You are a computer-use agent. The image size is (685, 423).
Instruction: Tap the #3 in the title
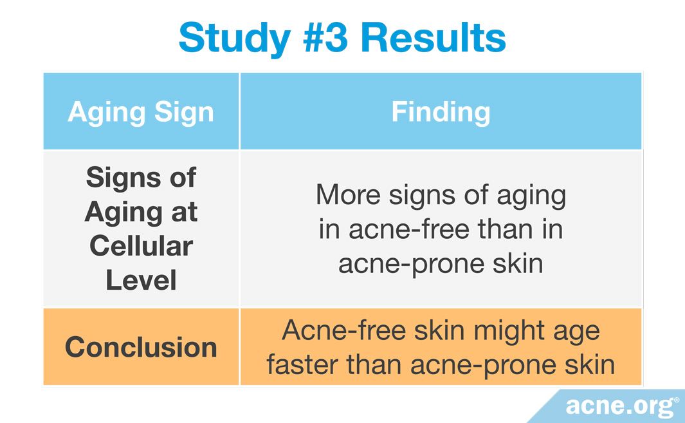click(325, 37)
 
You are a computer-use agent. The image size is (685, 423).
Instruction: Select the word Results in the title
click(433, 37)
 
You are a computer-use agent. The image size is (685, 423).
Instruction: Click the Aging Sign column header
click(141, 113)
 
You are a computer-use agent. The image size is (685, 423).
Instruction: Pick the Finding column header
click(441, 113)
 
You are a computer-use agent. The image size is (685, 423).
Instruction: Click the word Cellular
click(141, 246)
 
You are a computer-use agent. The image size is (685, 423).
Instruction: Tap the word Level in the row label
click(141, 280)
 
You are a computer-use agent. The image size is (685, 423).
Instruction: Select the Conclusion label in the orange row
click(141, 347)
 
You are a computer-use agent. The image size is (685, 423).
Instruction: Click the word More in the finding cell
click(348, 194)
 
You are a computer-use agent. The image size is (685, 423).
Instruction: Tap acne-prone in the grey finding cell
click(412, 265)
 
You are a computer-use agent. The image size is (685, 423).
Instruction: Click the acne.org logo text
click(620, 406)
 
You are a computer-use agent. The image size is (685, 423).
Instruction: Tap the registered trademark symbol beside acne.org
click(677, 400)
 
